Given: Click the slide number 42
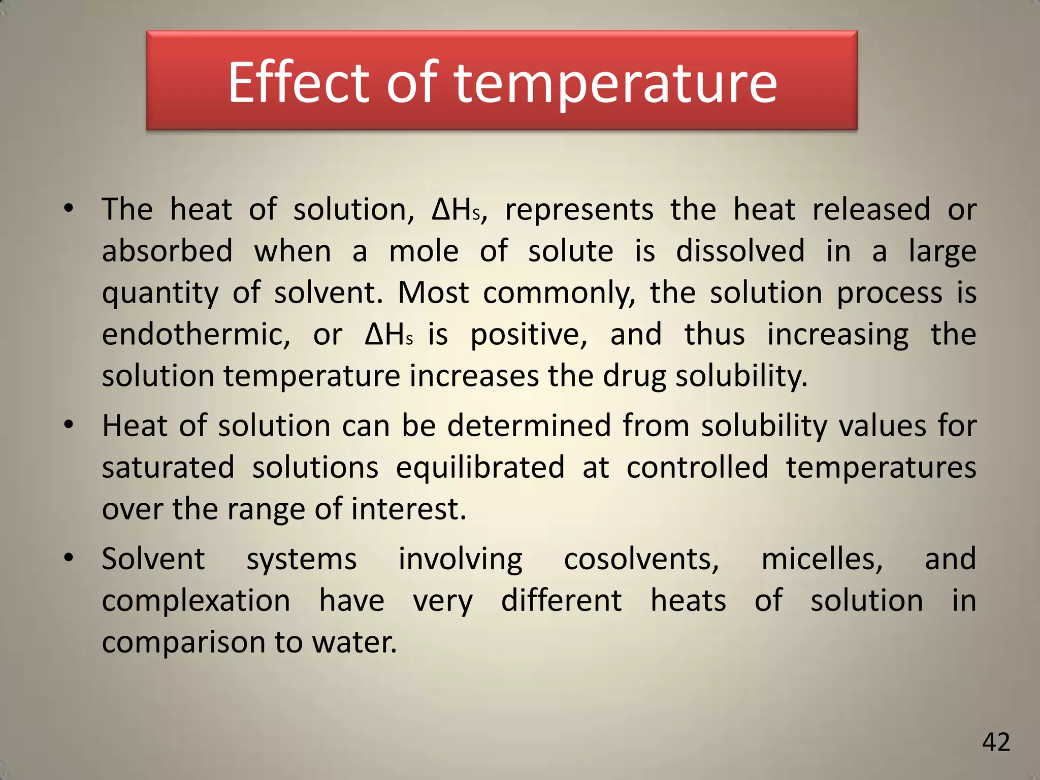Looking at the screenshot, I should click(996, 742).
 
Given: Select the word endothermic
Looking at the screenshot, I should click(196, 335).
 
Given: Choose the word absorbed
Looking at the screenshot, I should click(167, 251).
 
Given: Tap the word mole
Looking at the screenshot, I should click(424, 251).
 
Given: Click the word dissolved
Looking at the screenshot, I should click(740, 251).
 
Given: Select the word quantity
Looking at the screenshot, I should click(160, 294).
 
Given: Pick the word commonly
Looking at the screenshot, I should click(559, 294).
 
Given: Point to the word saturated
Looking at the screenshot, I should click(168, 468).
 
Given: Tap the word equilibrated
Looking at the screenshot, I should click(480, 468).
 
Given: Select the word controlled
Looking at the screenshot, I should click(697, 468).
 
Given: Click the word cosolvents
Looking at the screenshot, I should click(641, 560).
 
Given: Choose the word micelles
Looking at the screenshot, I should click(822, 560).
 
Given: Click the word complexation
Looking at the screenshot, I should click(196, 601).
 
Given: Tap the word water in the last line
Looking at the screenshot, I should click(353, 642).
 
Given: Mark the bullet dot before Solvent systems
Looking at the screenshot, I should click(69, 558).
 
